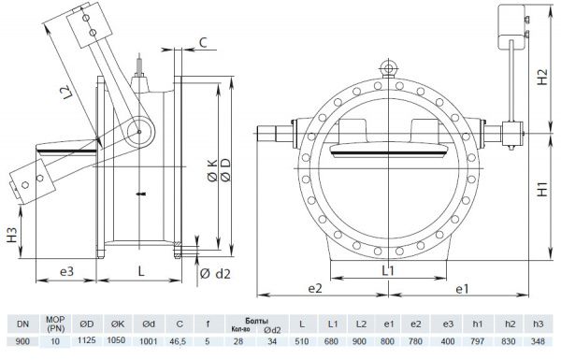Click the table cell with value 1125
tap(86, 342)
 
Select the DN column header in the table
tap(22, 323)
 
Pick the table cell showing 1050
tap(116, 342)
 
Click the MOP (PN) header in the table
tap(55, 324)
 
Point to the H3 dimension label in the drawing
tap(9, 235)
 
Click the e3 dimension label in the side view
tap(66, 271)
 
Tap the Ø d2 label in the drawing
tap(215, 273)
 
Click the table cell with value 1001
tap(147, 342)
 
